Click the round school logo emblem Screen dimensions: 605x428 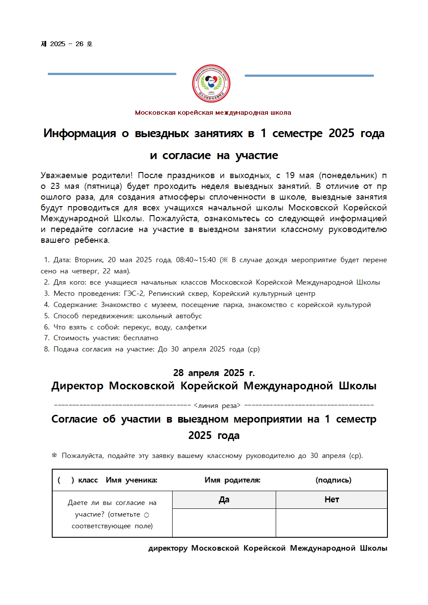pos(211,84)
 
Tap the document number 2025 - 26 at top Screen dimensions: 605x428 pos(66,44)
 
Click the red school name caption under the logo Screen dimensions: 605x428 pos(213,113)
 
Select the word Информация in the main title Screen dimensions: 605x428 pos(79,133)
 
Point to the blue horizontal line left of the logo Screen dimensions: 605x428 pos(112,74)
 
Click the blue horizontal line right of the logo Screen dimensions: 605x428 pos(309,75)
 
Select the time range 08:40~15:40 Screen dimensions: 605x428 pos(195,260)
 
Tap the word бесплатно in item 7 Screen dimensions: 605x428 pos(141,338)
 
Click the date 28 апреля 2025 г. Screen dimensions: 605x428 pos(214,373)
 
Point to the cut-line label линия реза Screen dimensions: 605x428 pos(217,406)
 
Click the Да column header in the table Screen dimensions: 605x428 pos(224,500)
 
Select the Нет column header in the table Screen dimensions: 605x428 pos(331,500)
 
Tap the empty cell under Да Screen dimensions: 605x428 pos(224,523)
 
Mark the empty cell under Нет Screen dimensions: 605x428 pos(331,523)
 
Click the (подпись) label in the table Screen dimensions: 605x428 pos(333,480)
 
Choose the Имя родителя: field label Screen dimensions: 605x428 pos(232,480)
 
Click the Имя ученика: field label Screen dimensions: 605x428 pos(131,480)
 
